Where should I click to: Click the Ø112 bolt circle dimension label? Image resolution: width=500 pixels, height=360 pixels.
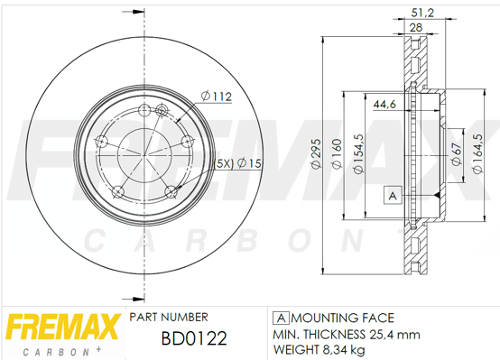(217, 96)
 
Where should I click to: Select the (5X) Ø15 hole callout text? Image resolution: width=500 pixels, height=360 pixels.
(238, 163)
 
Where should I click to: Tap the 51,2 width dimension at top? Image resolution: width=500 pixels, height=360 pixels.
(422, 13)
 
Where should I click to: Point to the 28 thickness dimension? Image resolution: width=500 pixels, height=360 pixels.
(416, 27)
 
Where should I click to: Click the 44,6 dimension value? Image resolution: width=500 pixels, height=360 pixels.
(384, 104)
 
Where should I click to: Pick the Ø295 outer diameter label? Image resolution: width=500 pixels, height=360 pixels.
(316, 153)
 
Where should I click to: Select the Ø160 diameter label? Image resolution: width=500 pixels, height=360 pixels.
(337, 153)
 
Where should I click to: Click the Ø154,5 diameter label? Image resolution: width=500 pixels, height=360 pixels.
(358, 153)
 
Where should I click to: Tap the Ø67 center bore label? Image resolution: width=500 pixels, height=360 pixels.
(457, 153)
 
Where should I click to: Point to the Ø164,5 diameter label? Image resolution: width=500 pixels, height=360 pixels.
(477, 153)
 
